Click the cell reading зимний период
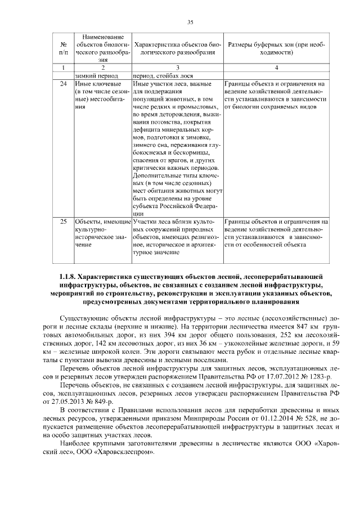[96, 75]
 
